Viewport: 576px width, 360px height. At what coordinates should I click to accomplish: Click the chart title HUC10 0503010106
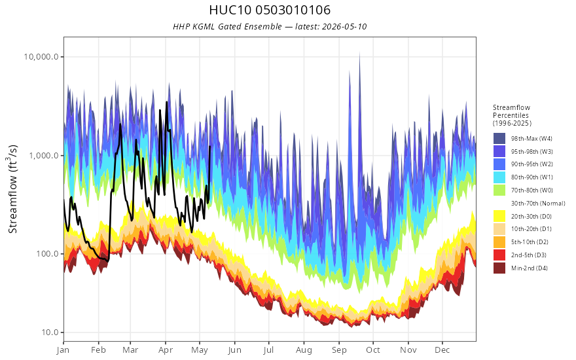pos(270,10)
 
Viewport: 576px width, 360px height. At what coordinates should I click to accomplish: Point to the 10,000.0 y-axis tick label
pos(41,56)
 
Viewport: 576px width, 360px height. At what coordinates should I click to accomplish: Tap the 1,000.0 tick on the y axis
pos(44,155)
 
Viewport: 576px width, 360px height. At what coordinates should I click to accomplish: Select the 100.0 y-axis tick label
pos(46,254)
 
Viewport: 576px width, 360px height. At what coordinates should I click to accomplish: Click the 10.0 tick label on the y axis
pos(50,333)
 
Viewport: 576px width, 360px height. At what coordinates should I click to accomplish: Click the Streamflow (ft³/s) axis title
pos(13,189)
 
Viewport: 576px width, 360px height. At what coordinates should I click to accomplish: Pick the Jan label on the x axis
pos(63,350)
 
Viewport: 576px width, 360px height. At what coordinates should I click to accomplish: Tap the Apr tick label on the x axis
pos(166,350)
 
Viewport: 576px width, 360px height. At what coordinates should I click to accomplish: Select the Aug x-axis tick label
pos(304,350)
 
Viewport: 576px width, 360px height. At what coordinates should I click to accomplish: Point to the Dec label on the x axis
pos(442,350)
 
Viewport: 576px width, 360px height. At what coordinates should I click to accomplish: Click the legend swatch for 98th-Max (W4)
pos(499,139)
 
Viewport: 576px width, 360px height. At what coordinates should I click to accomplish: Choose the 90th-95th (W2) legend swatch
pos(499,164)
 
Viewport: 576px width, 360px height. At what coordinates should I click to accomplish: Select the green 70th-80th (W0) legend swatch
pos(499,190)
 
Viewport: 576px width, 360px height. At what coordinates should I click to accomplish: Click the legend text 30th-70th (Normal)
pos(538,203)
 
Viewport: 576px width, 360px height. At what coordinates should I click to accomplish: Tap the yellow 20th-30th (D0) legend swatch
pos(499,216)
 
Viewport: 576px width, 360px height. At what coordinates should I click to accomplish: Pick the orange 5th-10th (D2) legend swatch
pos(499,242)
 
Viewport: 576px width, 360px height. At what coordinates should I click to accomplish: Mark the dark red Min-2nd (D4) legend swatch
pos(499,268)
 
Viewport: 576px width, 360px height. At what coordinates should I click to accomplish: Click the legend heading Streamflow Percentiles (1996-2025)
pos(512,115)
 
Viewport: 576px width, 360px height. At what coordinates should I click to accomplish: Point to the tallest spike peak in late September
pos(359,52)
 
